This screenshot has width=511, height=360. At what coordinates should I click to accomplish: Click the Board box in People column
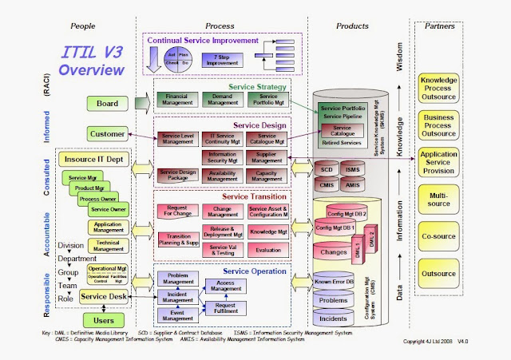[107, 103]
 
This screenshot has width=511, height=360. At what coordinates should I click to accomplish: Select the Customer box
[107, 133]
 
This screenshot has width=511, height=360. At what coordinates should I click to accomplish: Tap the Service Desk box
[103, 297]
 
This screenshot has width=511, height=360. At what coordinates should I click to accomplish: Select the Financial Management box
[175, 98]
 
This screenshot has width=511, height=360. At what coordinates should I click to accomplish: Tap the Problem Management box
[179, 278]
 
